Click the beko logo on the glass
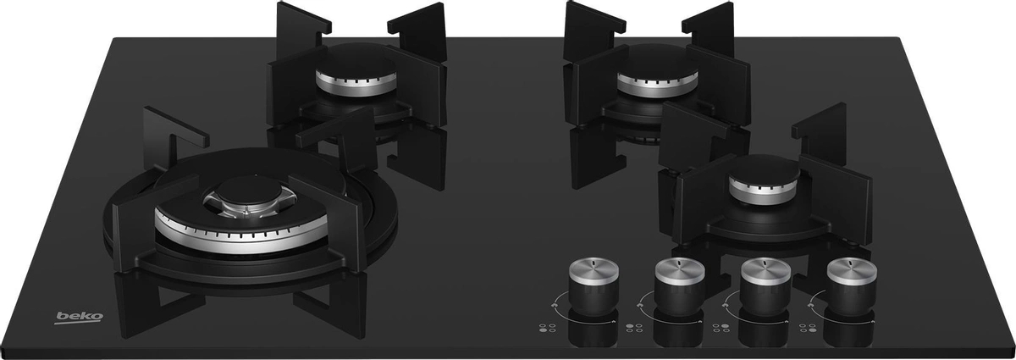pyautogui.click(x=79, y=318)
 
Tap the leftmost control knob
pyautogui.click(x=594, y=287)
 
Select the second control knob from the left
pyautogui.click(x=679, y=287)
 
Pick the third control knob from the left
pyautogui.click(x=765, y=287)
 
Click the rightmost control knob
pyautogui.click(x=852, y=287)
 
